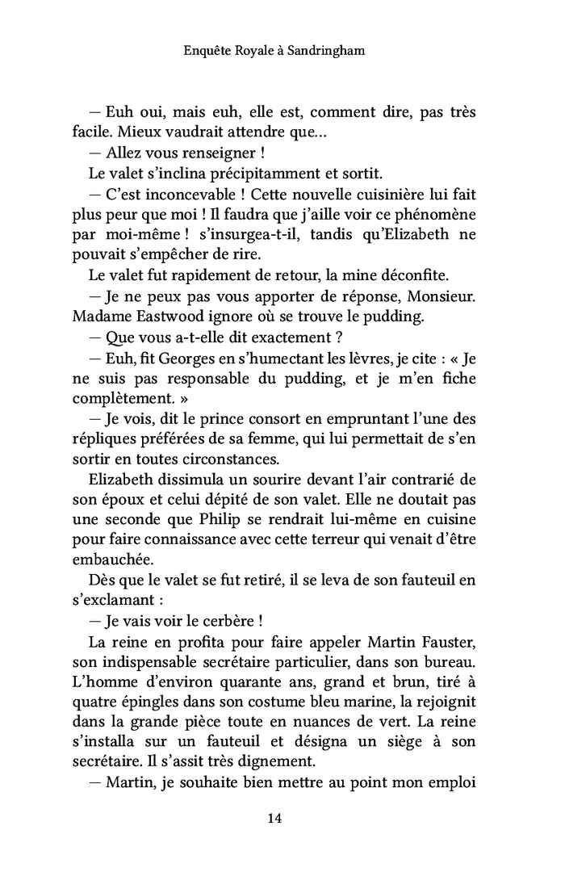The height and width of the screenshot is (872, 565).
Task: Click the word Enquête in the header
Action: click(x=209, y=51)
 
